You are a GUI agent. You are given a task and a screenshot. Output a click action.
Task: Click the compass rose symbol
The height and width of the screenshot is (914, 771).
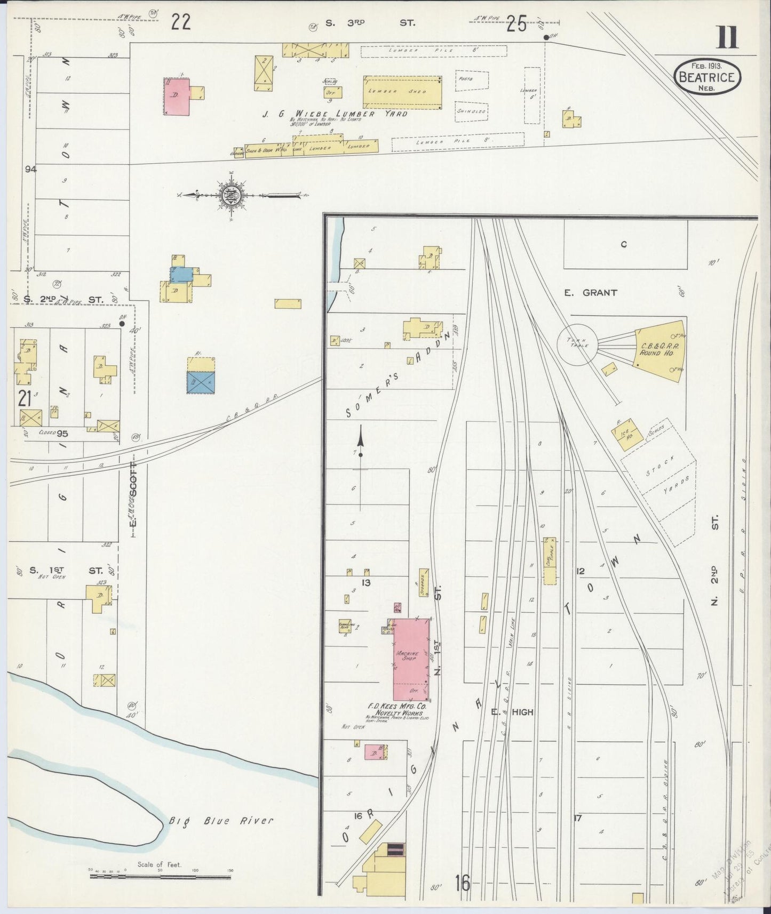(x=232, y=195)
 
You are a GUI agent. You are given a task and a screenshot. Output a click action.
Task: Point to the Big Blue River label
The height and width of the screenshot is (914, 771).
(x=221, y=820)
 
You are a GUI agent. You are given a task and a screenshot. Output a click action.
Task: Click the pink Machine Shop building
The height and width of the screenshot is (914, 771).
(x=411, y=659)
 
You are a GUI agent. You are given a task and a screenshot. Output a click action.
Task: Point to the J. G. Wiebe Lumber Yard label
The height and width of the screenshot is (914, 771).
(x=334, y=114)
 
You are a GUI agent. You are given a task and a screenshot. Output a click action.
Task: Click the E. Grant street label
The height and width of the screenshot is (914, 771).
(x=592, y=292)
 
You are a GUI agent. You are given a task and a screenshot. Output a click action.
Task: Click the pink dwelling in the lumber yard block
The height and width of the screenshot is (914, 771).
(x=177, y=97)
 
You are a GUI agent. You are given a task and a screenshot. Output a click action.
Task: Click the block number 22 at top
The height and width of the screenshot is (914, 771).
(x=181, y=22)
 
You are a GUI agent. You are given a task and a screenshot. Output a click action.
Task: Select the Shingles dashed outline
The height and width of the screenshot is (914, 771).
(x=472, y=111)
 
